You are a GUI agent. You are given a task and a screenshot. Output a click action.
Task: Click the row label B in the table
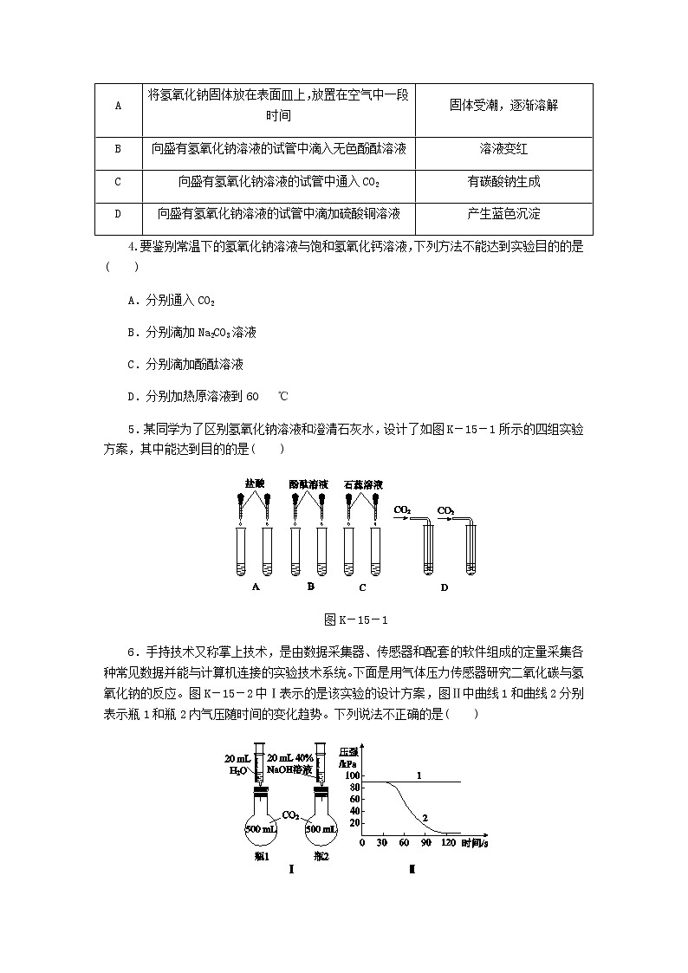tap(117, 149)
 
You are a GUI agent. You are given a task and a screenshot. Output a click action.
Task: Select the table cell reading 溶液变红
tap(503, 149)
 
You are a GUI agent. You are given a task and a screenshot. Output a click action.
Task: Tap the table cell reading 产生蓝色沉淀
tap(503, 214)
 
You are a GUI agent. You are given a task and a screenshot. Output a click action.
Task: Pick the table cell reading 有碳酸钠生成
tap(503, 182)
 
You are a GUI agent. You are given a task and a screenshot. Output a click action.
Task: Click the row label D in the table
tap(117, 214)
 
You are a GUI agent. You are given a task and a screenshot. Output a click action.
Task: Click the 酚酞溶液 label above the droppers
tap(308, 484)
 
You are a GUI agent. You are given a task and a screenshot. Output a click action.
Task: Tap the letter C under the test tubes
tap(362, 587)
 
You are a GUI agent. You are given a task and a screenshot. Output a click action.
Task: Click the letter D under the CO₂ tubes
tap(444, 587)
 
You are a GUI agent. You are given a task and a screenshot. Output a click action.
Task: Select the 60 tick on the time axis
tap(404, 843)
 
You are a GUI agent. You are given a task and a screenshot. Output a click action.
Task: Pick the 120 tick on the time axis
tap(448, 843)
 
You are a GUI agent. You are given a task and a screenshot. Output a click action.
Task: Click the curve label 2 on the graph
tap(425, 817)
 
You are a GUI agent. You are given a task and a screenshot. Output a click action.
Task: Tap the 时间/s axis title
tap(475, 843)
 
